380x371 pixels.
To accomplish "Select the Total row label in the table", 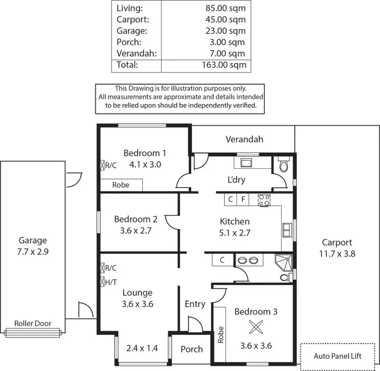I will pyautogui.click(x=127, y=65).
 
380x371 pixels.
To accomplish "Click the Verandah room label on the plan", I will pyautogui.click(x=244, y=139).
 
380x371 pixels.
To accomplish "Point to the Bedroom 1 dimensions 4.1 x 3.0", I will pyautogui.click(x=145, y=164).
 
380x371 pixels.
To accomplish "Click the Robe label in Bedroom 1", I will pyautogui.click(x=121, y=185).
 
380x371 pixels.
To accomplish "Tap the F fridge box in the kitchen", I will pyautogui.click(x=243, y=200).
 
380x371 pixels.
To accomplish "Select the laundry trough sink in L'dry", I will pyautogui.click(x=247, y=163).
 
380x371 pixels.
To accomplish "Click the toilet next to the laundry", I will pyautogui.click(x=284, y=165).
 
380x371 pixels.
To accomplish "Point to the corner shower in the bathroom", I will pyautogui.click(x=282, y=261).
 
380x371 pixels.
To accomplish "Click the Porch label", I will pyautogui.click(x=192, y=349).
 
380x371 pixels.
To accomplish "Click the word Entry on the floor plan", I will pyautogui.click(x=195, y=304).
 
